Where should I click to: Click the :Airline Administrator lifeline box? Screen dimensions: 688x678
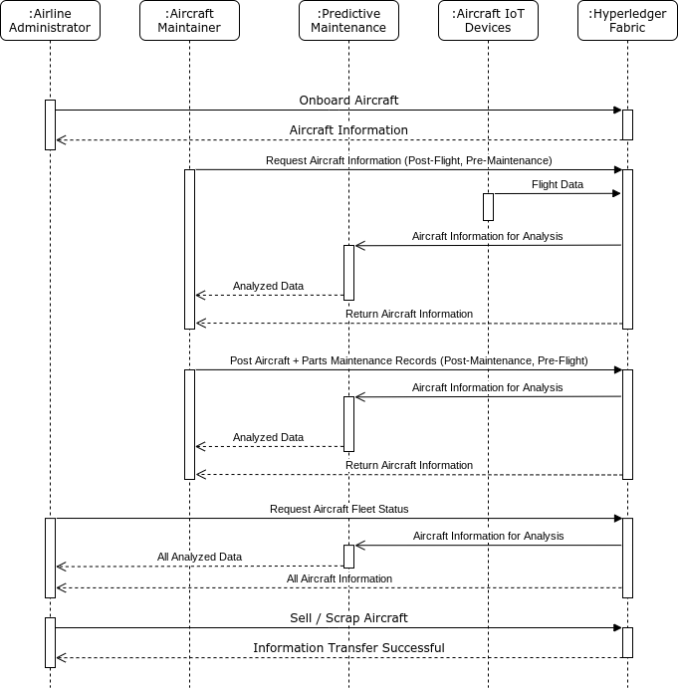[x=50, y=21]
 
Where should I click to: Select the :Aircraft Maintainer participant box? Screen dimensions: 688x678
[x=189, y=21]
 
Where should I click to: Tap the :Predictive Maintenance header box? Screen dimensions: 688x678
[x=348, y=21]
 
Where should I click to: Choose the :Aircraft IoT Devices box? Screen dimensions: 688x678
[x=488, y=21]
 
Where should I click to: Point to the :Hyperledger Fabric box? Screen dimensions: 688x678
[x=627, y=21]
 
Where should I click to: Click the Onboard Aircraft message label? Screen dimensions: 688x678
[x=348, y=101]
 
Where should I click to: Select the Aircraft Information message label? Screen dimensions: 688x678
[x=348, y=130]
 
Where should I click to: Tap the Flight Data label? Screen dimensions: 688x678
[x=558, y=184]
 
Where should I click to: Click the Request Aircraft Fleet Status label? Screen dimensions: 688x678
[x=339, y=509]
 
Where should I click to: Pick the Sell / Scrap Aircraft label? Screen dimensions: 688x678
[x=348, y=618]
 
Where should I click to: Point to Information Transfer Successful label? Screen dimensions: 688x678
[x=348, y=648]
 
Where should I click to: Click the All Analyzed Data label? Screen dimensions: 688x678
[x=199, y=558]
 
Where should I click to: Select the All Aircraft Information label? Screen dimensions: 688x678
[x=339, y=578]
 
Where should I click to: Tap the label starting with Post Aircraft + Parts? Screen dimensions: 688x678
[x=409, y=360]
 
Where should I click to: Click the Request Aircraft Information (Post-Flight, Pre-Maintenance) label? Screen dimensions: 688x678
[x=409, y=160]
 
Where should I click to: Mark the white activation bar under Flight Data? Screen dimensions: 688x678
[x=488, y=207]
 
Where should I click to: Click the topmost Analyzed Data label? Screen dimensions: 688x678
[x=268, y=286]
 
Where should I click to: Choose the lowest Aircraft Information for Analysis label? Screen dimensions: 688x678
[x=489, y=536]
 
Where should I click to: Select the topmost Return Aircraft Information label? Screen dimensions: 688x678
[x=409, y=314]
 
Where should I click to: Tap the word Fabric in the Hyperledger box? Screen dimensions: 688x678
[x=627, y=28]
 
